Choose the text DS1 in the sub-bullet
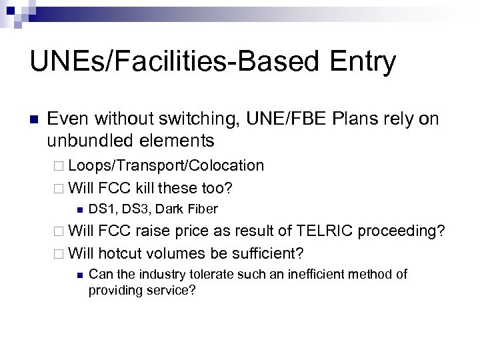coord(101,209)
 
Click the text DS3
coord(133,209)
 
